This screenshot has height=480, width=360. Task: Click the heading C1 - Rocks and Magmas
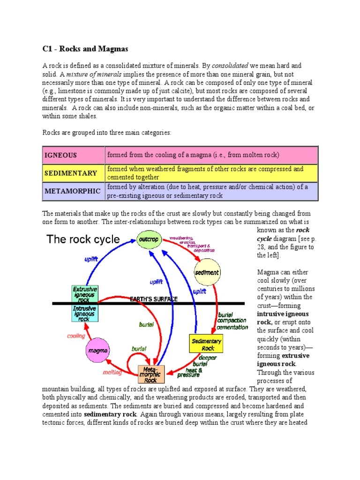[85, 49]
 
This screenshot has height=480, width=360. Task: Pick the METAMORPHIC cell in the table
[73, 191]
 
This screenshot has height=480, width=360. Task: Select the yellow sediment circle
[207, 272]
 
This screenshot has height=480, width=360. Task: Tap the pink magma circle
[98, 350]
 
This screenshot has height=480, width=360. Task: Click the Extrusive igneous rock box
[84, 294]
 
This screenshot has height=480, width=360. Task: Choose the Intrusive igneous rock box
[84, 313]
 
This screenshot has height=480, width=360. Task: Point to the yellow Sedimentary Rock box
[206, 345]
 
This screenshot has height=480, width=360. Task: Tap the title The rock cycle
[83, 240]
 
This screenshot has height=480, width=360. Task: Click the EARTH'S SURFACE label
[154, 299]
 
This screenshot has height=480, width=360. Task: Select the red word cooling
[76, 336]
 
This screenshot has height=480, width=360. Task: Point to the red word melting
[112, 373]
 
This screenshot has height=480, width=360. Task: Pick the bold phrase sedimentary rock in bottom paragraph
[110, 414]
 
